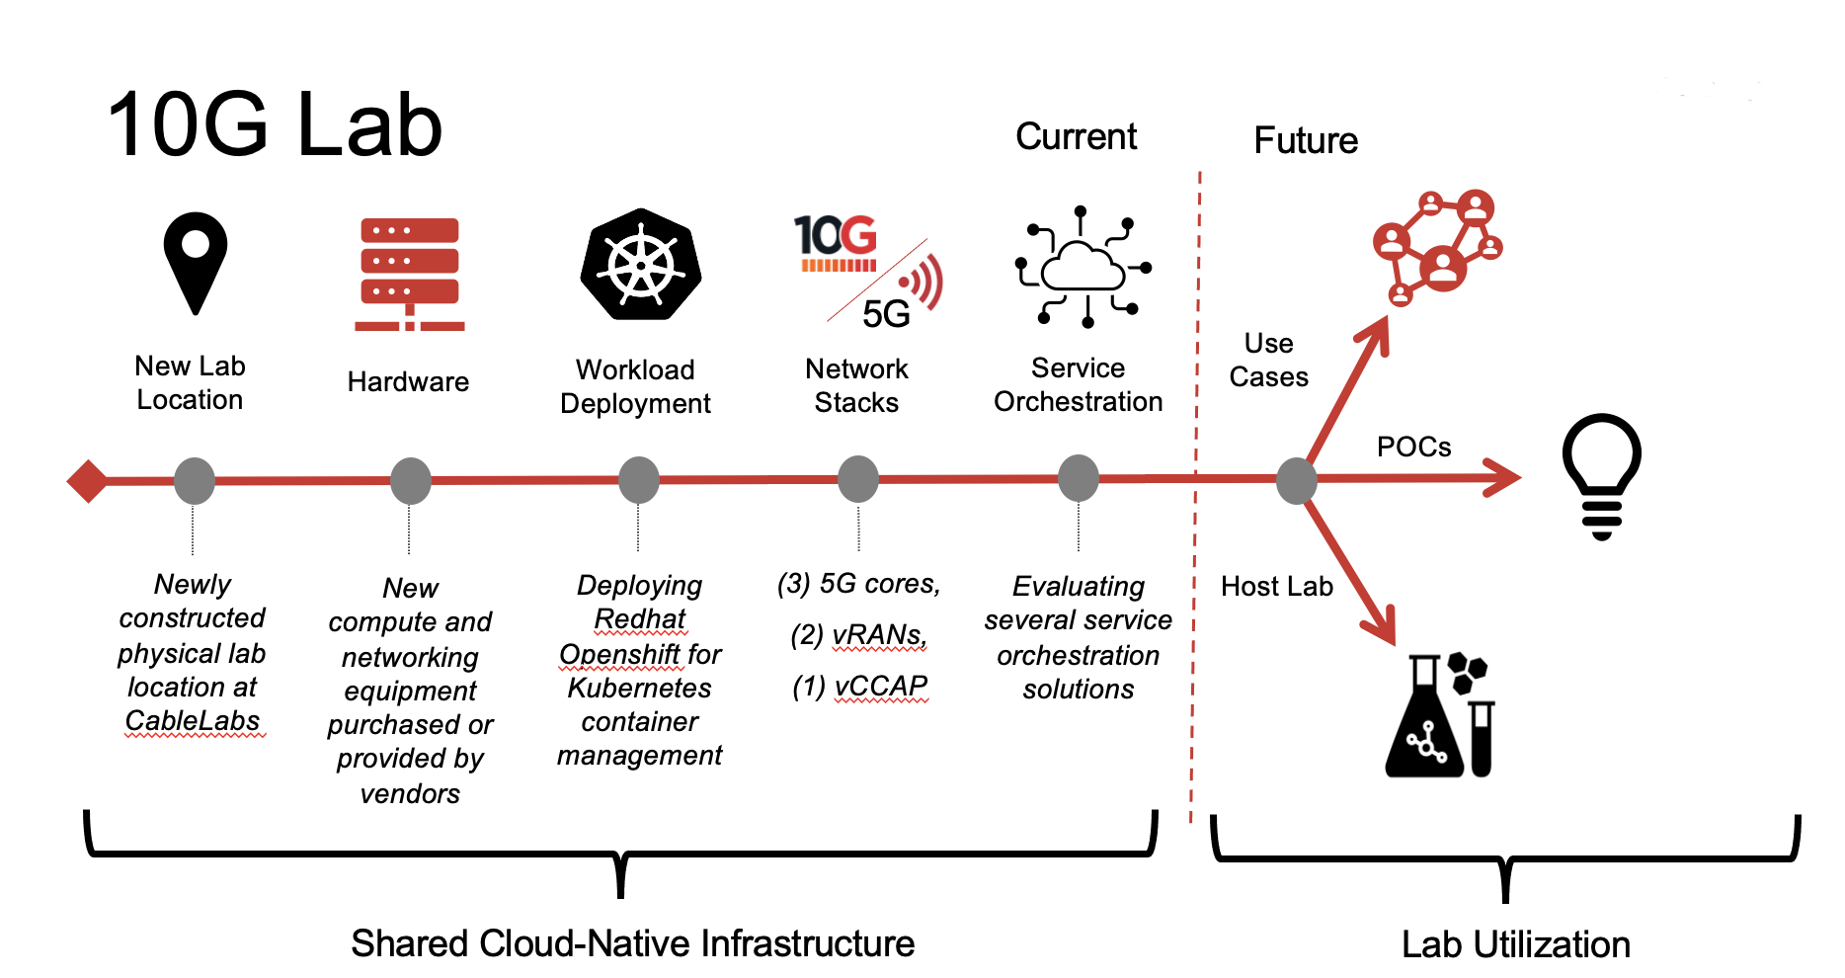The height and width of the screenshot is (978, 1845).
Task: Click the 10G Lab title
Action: tap(275, 125)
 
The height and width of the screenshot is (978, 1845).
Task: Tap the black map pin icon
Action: tap(196, 261)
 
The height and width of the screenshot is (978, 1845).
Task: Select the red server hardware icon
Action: tap(410, 274)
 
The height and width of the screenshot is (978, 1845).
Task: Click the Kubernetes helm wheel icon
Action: tap(640, 265)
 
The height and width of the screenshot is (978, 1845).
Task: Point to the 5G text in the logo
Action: tap(886, 314)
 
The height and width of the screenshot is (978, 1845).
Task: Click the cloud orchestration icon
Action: tap(1083, 267)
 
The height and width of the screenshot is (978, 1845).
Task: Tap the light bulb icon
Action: tap(1601, 475)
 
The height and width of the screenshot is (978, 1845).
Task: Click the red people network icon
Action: tap(1437, 247)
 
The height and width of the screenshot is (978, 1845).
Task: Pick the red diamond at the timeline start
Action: tap(88, 481)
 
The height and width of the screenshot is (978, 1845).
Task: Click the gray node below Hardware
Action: tap(410, 481)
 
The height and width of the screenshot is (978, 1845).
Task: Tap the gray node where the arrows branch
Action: tap(1296, 481)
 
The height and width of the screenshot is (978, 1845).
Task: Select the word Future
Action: tap(1306, 140)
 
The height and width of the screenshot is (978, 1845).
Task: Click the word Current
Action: tap(1076, 136)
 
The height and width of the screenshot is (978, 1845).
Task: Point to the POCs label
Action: tap(1413, 447)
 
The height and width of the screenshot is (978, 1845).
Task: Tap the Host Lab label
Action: tap(1276, 586)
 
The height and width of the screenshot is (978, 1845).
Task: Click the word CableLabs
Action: tap(193, 720)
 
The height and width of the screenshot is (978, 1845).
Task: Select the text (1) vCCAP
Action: tap(860, 685)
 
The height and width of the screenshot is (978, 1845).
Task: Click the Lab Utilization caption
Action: tap(1515, 944)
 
